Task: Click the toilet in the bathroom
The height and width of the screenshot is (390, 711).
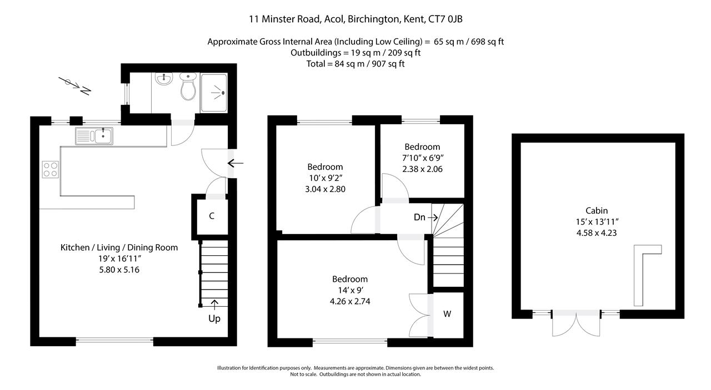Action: (x=188, y=86)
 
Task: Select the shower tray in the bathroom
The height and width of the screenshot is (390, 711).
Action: (x=214, y=93)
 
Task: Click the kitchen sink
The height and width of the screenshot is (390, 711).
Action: (x=94, y=136)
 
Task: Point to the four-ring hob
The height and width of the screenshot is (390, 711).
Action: (x=51, y=169)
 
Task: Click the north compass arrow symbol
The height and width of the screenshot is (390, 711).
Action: (x=75, y=86)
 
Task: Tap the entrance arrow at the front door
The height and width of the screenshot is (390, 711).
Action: (x=235, y=163)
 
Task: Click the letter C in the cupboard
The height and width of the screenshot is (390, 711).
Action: (x=212, y=216)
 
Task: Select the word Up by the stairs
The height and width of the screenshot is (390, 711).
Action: (x=214, y=318)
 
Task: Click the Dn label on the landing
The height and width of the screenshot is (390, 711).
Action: (x=419, y=217)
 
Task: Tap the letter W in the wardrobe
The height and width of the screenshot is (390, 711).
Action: (x=447, y=314)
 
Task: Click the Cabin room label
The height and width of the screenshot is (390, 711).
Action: (x=597, y=211)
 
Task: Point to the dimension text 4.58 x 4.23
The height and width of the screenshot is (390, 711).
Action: (x=597, y=233)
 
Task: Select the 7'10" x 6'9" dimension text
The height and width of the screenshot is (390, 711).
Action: (x=423, y=158)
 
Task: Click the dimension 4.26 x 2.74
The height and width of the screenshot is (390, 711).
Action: (x=350, y=301)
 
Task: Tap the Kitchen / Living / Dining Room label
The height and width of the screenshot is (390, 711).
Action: (x=119, y=247)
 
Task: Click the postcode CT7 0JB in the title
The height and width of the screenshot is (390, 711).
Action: (x=445, y=19)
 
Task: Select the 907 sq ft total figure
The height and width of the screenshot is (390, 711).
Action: (x=388, y=64)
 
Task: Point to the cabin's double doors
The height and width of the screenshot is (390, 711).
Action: (x=576, y=323)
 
